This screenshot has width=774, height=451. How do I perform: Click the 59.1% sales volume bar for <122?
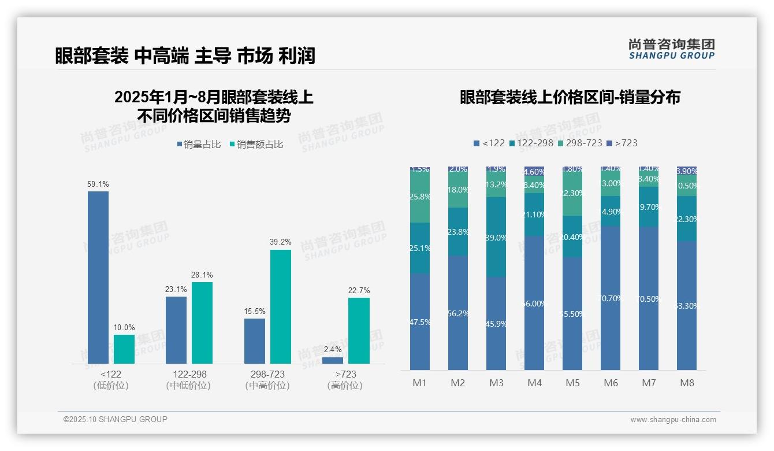tap(98, 278)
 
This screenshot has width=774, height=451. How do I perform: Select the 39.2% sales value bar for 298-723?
tap(281, 306)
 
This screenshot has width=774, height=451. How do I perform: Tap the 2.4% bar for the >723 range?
tap(333, 360)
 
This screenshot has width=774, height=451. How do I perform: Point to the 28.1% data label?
tap(202, 275)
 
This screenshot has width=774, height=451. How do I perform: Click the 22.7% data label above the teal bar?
tap(359, 290)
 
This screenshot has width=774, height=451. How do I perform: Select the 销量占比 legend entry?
tap(199, 145)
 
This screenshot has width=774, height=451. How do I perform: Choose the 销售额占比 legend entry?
tap(256, 145)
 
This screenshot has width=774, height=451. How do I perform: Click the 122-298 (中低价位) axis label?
tap(188, 380)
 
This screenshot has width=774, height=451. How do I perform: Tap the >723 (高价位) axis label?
tap(345, 380)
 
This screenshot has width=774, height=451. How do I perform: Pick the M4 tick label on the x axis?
tap(534, 383)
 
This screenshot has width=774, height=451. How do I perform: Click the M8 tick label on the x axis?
tap(687, 383)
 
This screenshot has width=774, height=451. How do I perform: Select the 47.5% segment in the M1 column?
tap(420, 321)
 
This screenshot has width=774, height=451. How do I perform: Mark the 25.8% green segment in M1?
tap(420, 197)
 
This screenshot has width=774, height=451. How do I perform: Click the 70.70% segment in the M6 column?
tap(611, 298)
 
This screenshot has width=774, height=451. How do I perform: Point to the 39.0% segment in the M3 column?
tap(496, 237)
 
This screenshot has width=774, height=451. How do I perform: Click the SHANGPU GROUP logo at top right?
tap(671, 49)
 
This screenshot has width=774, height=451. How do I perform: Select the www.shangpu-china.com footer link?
tap(673, 420)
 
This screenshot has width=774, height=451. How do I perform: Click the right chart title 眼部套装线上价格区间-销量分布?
tap(570, 97)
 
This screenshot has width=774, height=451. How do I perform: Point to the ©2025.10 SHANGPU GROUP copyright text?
tap(116, 419)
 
